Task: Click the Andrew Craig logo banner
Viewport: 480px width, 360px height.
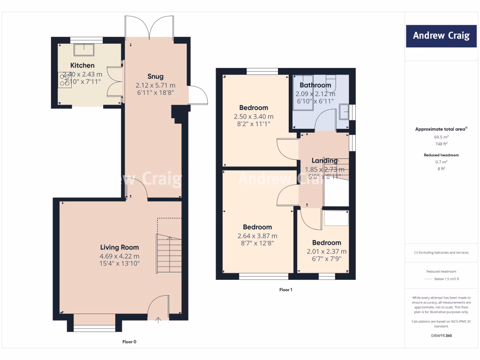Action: [441, 36]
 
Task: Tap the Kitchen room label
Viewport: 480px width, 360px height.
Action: [82, 66]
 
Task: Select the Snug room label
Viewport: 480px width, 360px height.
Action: [155, 77]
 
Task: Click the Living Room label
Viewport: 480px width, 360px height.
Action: [120, 247]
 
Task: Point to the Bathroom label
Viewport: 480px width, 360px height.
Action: [315, 85]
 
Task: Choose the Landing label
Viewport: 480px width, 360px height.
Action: [324, 161]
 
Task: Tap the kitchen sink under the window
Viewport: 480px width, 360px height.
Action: [86, 48]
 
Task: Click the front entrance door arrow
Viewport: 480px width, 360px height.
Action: [157, 320]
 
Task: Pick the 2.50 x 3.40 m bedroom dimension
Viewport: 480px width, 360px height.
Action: [254, 116]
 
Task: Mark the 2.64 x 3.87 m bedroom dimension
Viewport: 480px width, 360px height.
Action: [257, 236]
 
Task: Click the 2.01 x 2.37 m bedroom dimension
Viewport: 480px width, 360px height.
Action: [327, 251]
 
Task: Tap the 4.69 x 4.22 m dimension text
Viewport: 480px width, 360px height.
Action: [120, 256]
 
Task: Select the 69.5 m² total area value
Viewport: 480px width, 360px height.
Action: [441, 137]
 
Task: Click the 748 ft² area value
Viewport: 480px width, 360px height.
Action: [441, 144]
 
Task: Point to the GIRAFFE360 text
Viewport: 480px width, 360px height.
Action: [441, 336]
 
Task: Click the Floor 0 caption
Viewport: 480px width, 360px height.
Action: [129, 342]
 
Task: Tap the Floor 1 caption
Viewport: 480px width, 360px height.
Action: [285, 290]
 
